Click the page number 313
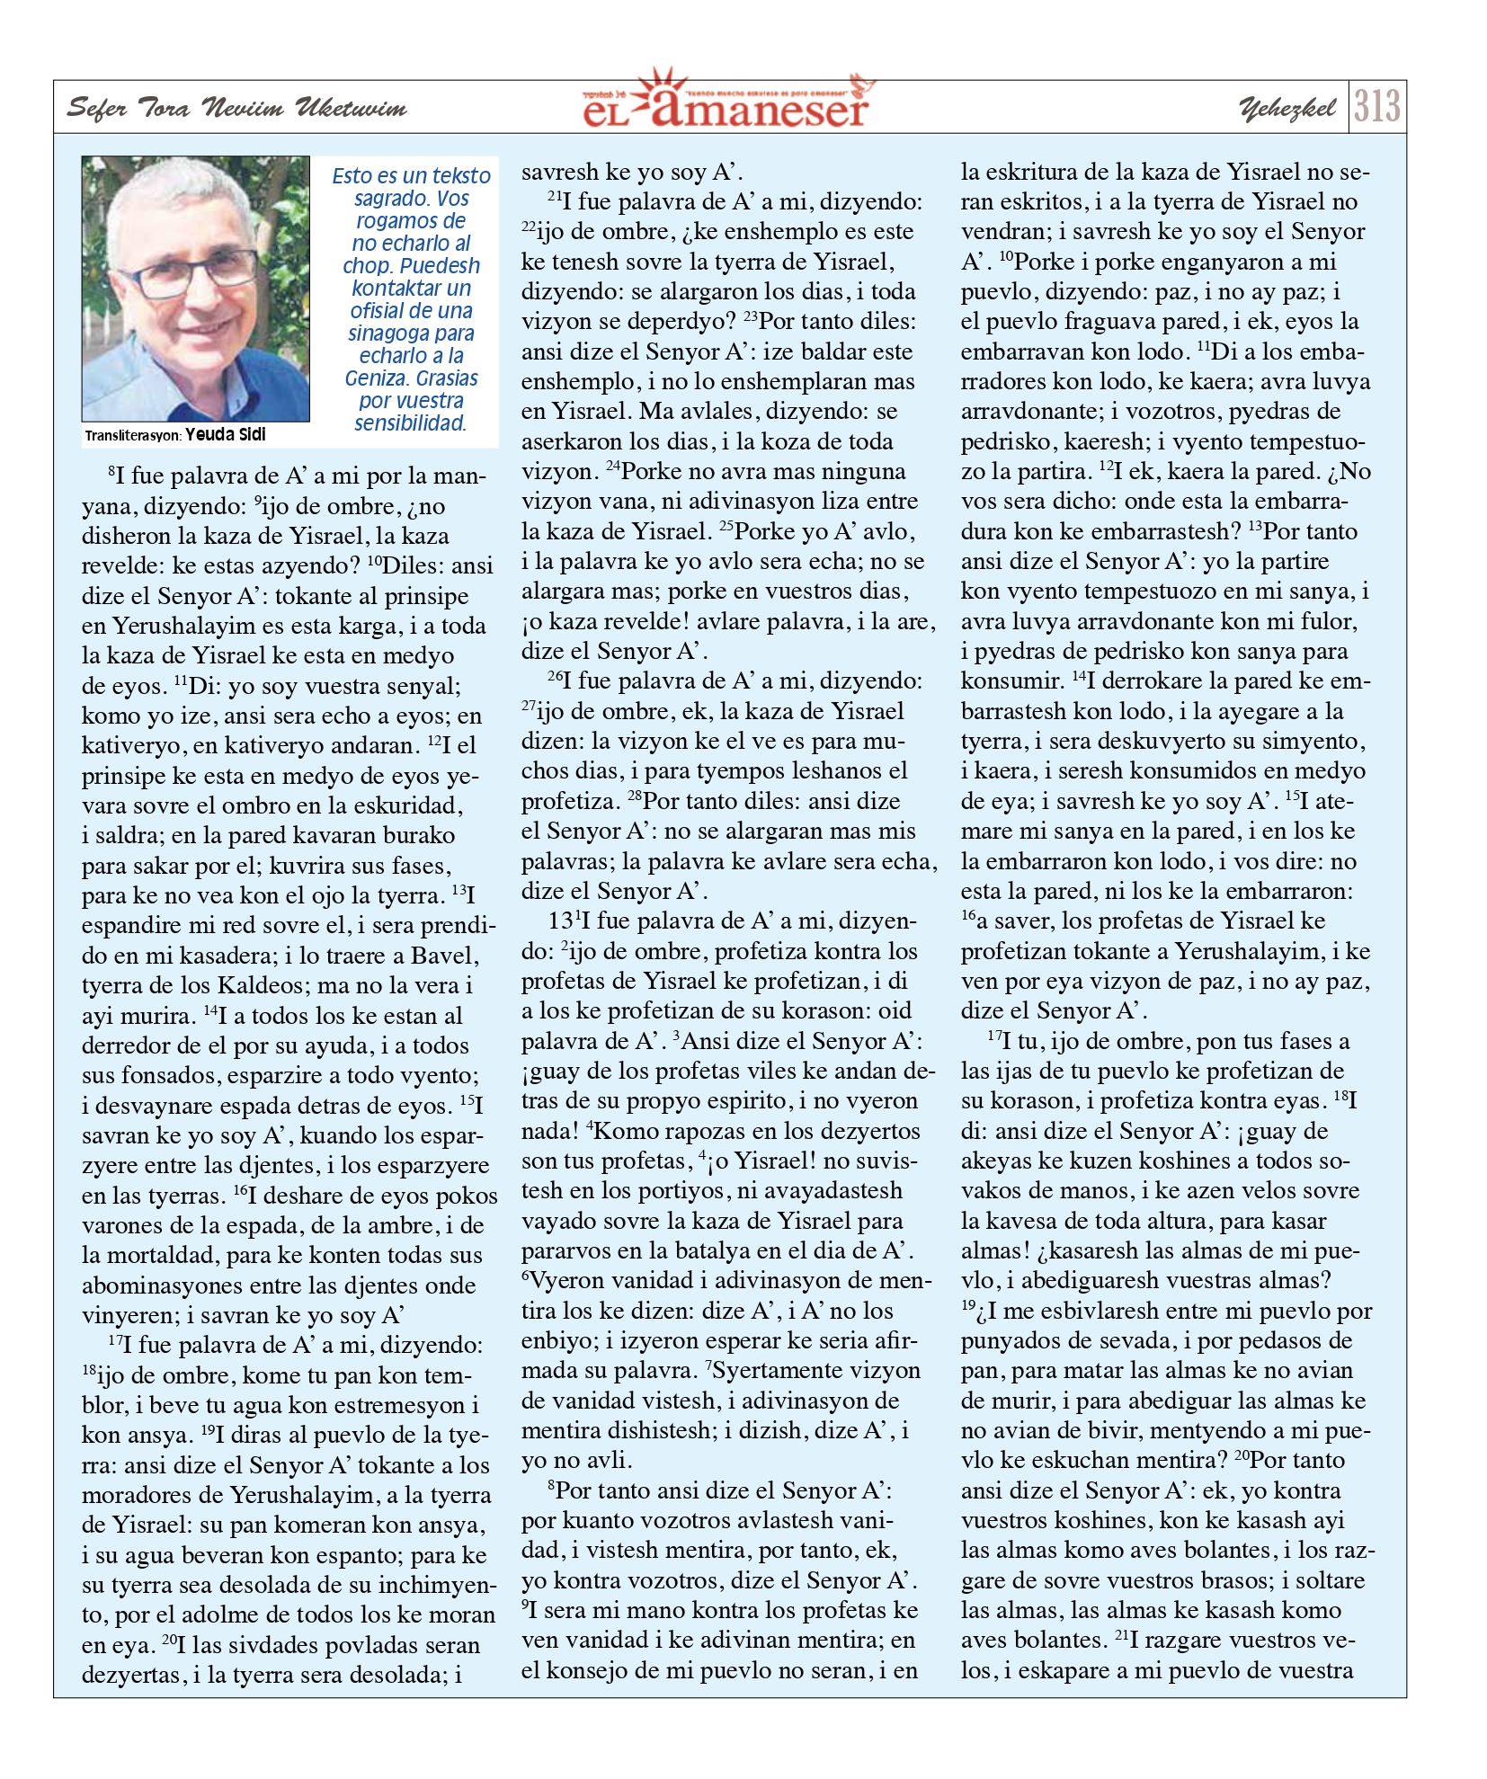1376,107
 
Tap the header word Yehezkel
1287,109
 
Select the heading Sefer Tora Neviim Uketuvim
237,109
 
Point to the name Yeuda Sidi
226,435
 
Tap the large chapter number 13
560,921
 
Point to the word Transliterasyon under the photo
134,436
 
